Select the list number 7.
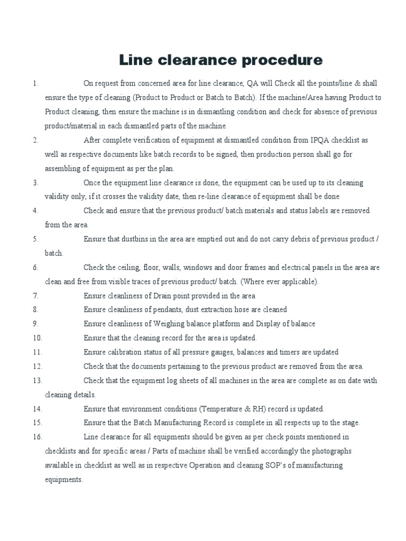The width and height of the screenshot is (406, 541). [x=35, y=295]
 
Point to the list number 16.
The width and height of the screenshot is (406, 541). [x=37, y=437]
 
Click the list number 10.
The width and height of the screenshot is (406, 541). [x=37, y=338]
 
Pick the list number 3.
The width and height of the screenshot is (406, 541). [x=35, y=182]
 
